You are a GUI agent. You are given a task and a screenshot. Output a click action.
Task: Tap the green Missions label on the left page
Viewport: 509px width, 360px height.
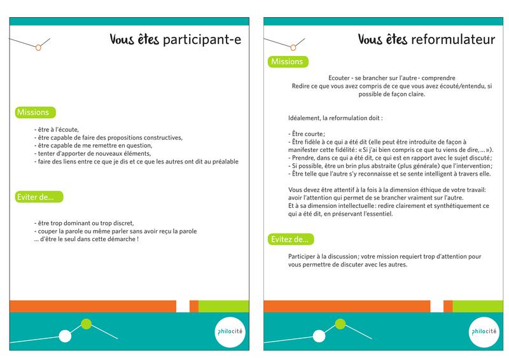[x=34, y=113]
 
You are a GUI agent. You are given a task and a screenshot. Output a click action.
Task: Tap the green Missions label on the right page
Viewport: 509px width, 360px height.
[x=288, y=62]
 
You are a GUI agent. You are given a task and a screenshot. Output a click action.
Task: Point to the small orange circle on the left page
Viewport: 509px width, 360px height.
[x=38, y=46]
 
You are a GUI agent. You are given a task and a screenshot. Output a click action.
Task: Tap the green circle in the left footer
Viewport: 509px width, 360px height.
[x=87, y=325]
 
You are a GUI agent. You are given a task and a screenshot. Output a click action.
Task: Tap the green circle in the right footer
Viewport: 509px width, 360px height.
[x=341, y=325]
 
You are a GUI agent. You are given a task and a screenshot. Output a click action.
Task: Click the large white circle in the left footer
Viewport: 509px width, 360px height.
[x=64, y=336]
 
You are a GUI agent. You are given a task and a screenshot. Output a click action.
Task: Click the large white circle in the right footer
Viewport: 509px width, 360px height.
[x=319, y=336]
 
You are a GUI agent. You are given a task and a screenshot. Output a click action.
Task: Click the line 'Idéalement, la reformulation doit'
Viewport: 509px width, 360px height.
[x=335, y=118]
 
